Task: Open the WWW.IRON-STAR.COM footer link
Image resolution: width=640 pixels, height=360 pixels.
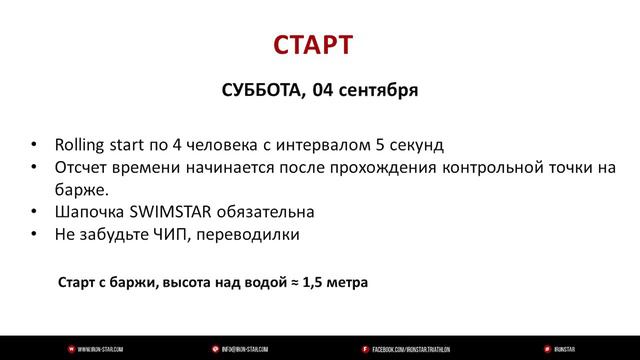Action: click(101, 348)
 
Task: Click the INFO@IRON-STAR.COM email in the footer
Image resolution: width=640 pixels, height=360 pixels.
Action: click(244, 348)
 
